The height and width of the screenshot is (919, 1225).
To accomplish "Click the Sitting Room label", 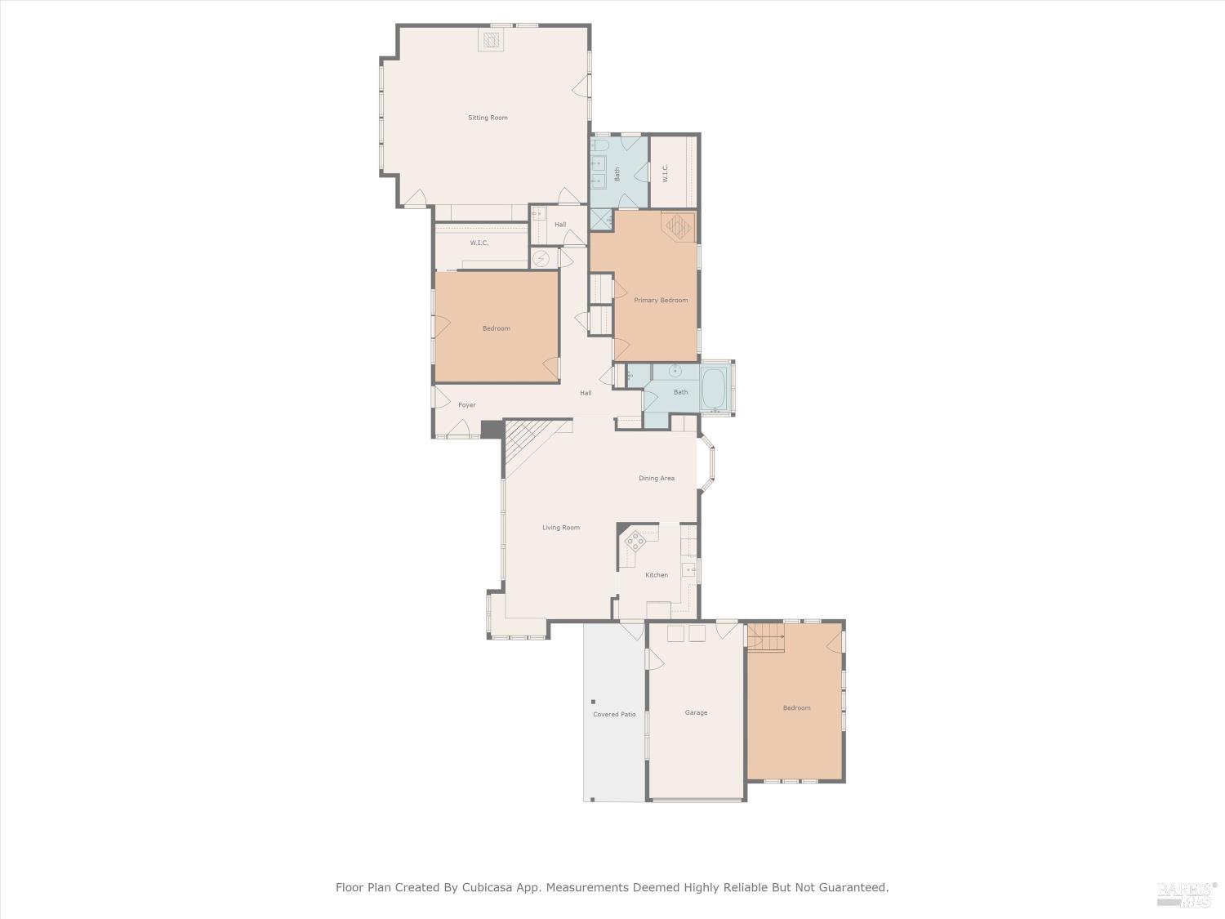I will [488, 118].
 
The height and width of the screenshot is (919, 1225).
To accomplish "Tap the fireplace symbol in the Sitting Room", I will [491, 40].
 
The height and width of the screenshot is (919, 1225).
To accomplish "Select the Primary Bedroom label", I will [661, 301].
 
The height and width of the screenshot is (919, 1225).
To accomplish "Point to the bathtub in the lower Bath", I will [714, 389].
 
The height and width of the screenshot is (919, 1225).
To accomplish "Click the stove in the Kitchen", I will [635, 540].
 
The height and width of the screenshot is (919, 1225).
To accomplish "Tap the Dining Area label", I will [656, 479].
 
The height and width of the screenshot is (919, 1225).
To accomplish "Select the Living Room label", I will [561, 528].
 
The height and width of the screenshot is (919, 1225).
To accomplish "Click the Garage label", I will [696, 713].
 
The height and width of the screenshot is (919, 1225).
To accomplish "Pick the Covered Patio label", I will [614, 715].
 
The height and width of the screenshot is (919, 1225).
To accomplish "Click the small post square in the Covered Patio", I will [593, 702].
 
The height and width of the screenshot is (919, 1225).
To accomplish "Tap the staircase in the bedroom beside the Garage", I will [766, 636].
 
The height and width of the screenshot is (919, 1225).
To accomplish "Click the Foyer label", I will [466, 405].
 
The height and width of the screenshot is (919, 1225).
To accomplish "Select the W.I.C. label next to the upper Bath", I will [665, 173].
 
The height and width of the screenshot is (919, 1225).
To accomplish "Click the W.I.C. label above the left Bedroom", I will [479, 243].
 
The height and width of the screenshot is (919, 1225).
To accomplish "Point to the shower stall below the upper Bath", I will [601, 219].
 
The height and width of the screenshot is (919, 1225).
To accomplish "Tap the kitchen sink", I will [688, 569].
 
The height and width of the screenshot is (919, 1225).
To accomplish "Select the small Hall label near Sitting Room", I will [560, 225].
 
